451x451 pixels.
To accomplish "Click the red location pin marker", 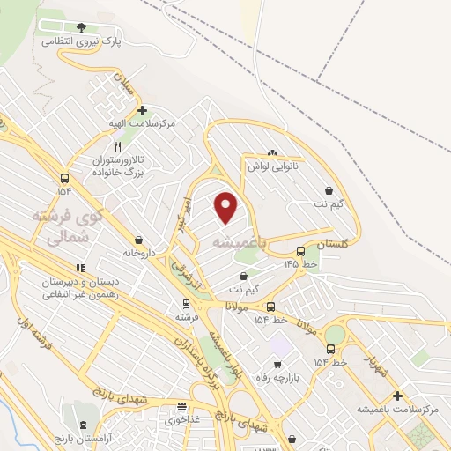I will coord(226,206).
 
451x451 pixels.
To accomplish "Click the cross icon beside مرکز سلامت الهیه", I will coord(142,111).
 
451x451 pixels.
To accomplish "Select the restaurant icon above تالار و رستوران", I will coord(118,147).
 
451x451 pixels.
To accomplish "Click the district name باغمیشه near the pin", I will coord(235,241).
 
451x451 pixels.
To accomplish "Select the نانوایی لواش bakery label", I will coord(273,166).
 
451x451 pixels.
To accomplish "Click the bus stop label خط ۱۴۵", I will coord(299,263).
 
